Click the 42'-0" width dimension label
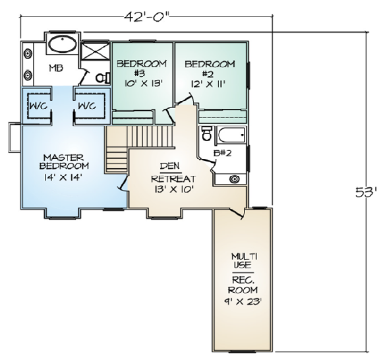coord(146,17)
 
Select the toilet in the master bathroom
coord(103,78)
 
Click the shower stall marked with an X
coord(95,51)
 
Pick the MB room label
coord(56,68)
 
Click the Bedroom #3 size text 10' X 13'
coord(142,84)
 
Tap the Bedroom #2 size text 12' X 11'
coord(208,84)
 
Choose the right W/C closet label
coord(87,106)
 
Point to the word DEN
coord(170,166)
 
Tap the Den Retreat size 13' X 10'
coord(173,189)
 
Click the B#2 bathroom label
coord(223,153)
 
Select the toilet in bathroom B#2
coord(207,134)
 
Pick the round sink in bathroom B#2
coord(234,179)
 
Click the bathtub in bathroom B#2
coord(231,136)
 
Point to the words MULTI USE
coord(244,260)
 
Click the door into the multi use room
coord(237,213)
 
